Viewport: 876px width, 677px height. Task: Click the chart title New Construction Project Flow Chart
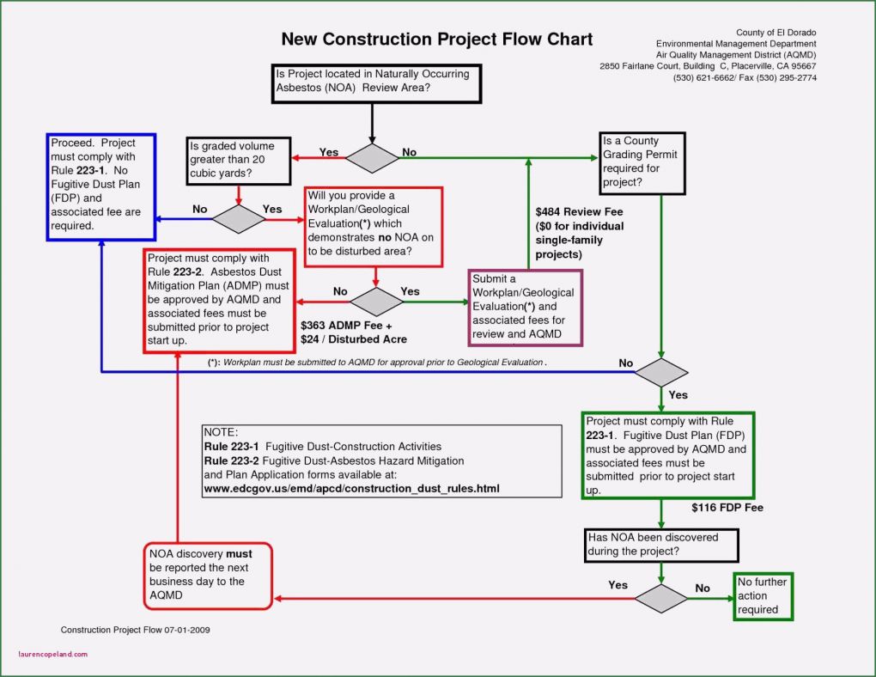click(x=437, y=40)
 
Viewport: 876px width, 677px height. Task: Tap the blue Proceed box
click(x=100, y=186)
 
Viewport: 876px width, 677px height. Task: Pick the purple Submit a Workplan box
click(x=526, y=308)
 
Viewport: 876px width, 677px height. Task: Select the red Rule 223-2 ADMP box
click(x=215, y=300)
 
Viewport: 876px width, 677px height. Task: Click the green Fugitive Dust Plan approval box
click(x=667, y=455)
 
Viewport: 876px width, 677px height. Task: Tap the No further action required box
click(x=763, y=595)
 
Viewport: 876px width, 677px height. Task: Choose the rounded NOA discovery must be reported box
click(x=208, y=575)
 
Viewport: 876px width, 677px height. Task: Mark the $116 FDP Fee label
click(x=727, y=508)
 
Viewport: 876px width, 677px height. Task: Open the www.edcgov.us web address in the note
click(x=350, y=489)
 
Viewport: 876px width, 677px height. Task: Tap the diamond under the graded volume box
click(x=239, y=218)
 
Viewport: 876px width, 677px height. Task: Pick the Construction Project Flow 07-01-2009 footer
click(x=135, y=630)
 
